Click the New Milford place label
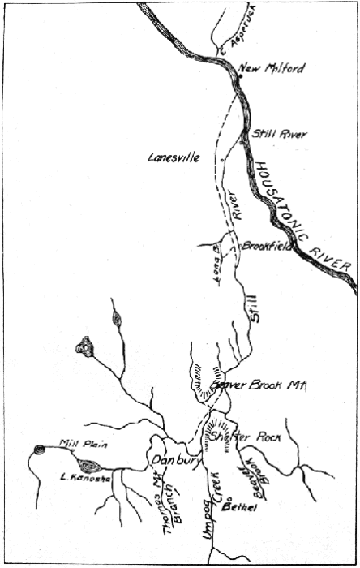click(272, 68)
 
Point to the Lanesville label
click(174, 157)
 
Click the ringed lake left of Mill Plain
click(39, 449)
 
